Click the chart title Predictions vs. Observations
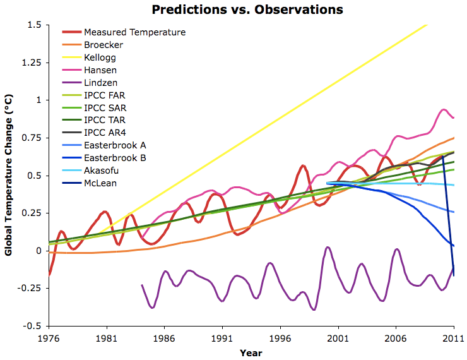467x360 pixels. pos(247,9)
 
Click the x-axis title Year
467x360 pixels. pos(251,352)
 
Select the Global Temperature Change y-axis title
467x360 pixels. pos(9,174)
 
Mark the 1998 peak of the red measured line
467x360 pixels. pos(304,166)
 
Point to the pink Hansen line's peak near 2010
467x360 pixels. pos(444,110)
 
